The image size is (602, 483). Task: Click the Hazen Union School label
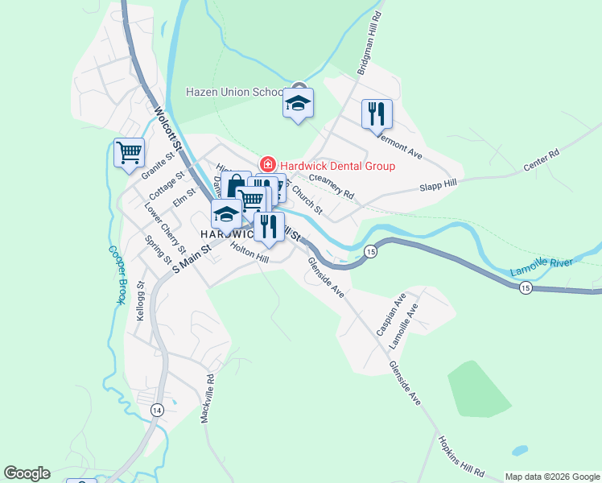click(234, 92)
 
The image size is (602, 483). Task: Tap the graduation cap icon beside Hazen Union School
click(298, 104)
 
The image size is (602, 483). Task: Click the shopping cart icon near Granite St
click(129, 152)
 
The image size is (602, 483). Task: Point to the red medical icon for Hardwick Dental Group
click(266, 165)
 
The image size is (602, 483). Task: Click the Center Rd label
click(541, 161)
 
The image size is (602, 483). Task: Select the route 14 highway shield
click(156, 411)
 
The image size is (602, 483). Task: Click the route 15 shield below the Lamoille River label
click(525, 287)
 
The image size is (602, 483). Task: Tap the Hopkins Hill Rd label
click(461, 457)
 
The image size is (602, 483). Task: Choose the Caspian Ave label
click(389, 315)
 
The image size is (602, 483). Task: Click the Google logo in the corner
click(27, 473)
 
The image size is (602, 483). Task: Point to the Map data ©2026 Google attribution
click(551, 477)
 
